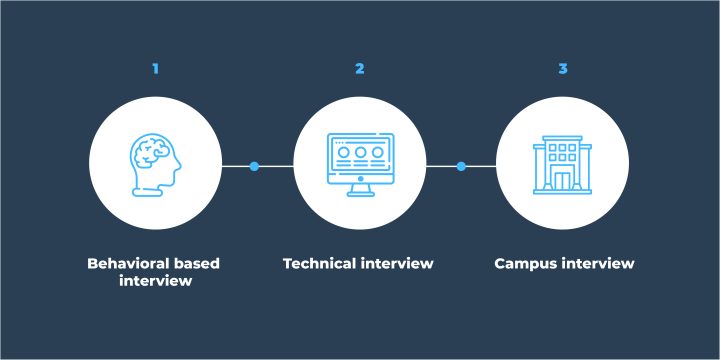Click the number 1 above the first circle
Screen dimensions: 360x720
[155, 69]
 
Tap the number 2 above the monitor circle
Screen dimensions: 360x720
[360, 69]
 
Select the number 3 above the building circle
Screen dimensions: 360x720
[563, 69]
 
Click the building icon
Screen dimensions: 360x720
[564, 165]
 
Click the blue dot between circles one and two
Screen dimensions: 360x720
[254, 166]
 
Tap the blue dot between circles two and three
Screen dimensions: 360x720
[461, 166]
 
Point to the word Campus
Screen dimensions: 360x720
[526, 264]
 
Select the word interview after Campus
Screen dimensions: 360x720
[598, 264]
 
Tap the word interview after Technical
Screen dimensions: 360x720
[397, 264]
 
